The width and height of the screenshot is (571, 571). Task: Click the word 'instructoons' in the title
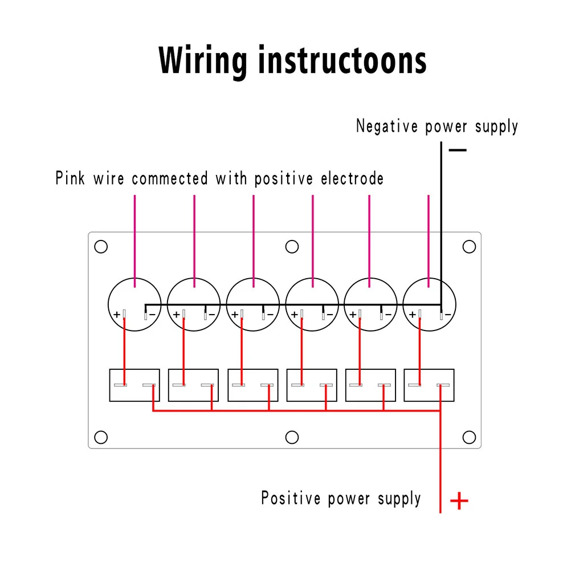[x=342, y=60]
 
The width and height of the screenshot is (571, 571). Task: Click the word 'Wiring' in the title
[x=203, y=60]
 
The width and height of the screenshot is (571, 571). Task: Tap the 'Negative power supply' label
[x=437, y=126]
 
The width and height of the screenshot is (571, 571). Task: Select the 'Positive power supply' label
[x=341, y=498]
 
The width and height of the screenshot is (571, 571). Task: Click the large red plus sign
[x=459, y=501]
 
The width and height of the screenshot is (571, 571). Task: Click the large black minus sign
[x=458, y=150]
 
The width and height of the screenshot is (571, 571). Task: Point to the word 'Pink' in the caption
[x=70, y=178]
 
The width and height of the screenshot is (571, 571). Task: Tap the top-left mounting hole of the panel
[x=101, y=247]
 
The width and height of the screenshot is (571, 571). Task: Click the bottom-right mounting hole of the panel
[x=469, y=437]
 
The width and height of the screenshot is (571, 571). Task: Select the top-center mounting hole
[x=292, y=247]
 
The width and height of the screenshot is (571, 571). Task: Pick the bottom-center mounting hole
[x=292, y=437]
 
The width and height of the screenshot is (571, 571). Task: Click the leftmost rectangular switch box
[x=134, y=385]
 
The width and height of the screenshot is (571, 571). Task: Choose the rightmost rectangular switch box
[x=429, y=385]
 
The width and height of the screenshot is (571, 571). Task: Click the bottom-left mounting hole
[x=101, y=437]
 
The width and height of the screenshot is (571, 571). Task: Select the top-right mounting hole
[x=469, y=247]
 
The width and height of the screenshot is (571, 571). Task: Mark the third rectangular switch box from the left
[x=253, y=385]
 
